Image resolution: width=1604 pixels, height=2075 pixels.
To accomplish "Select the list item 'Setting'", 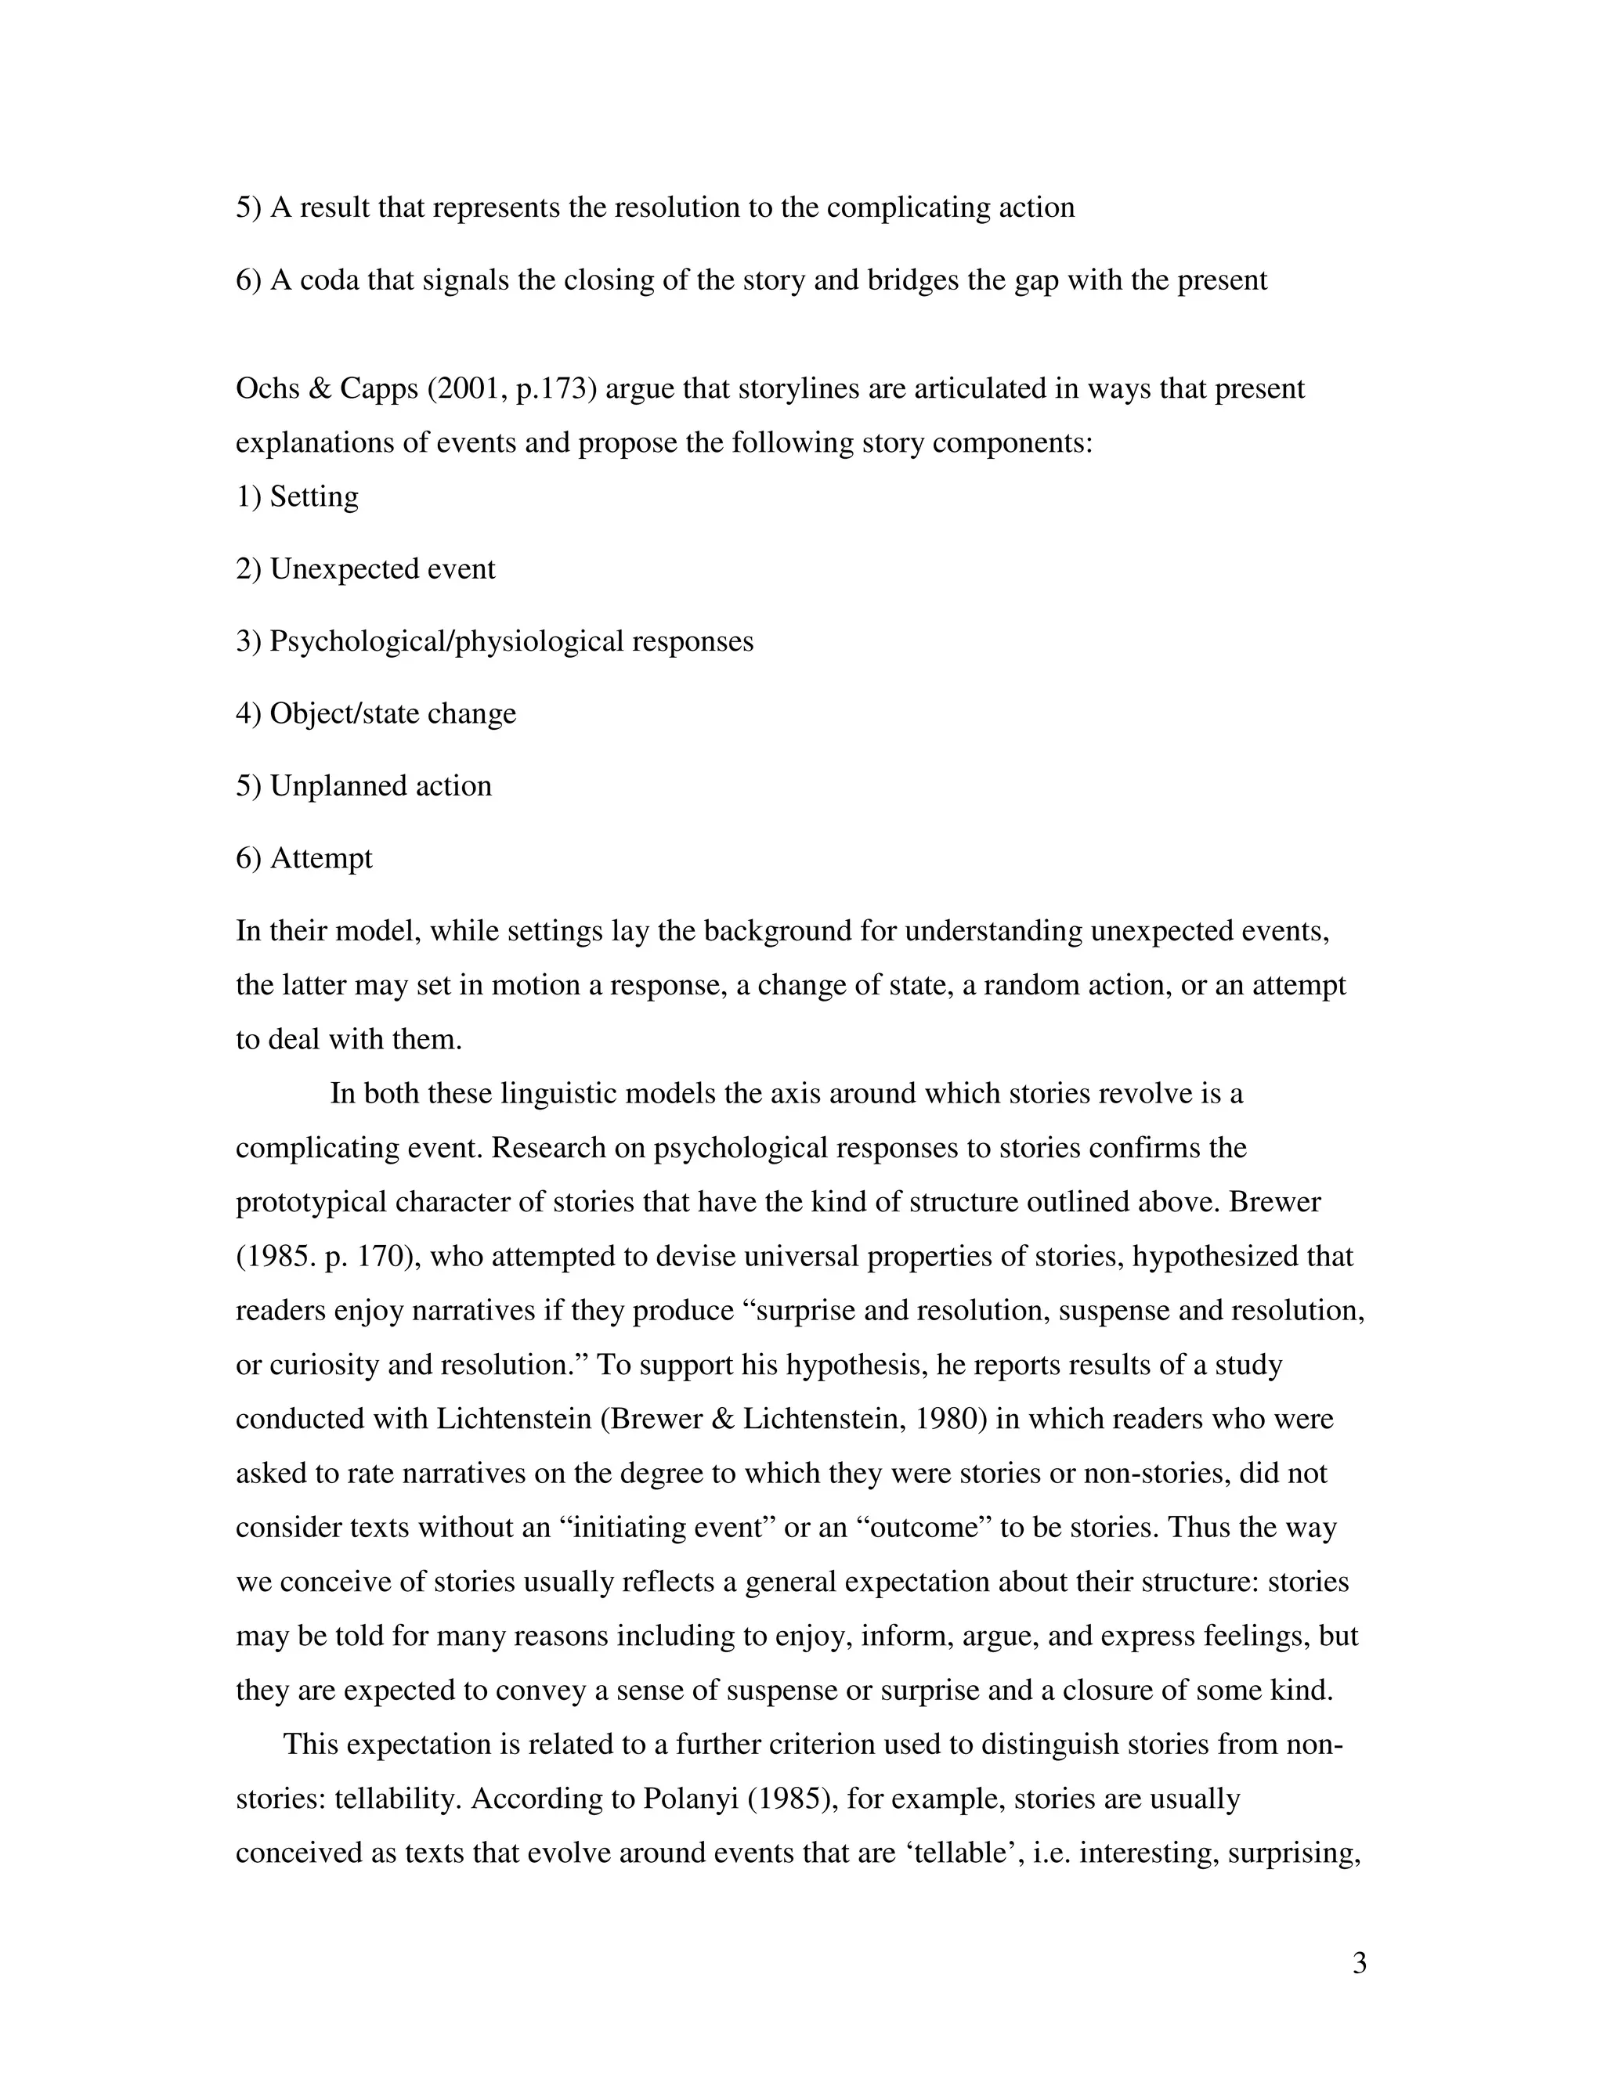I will click(x=313, y=497).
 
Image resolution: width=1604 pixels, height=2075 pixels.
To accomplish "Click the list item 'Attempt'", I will click(x=321, y=859).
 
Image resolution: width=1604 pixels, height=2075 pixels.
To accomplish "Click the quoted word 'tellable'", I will click(x=961, y=1853).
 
